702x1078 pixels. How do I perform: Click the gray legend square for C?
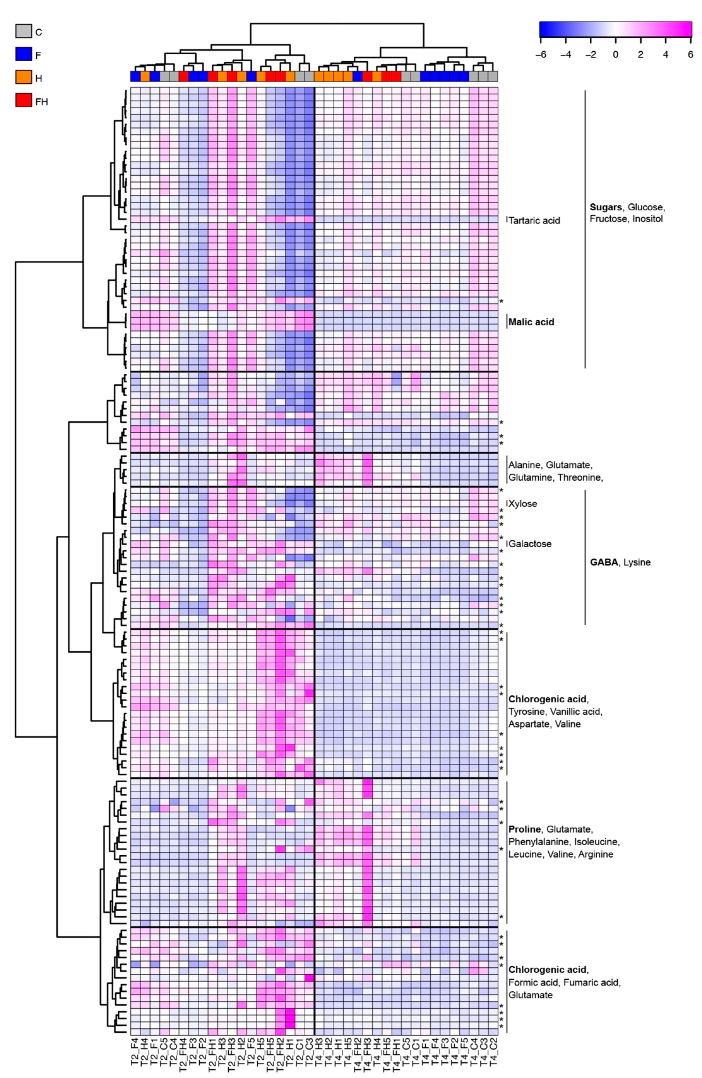(x=24, y=31)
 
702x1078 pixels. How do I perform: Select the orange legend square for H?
(x=24, y=77)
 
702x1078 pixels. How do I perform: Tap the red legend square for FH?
(x=24, y=101)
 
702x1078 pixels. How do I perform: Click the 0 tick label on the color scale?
(x=615, y=54)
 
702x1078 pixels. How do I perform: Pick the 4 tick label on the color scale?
(x=665, y=54)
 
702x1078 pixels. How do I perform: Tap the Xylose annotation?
(x=523, y=504)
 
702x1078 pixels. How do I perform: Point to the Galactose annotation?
(x=530, y=544)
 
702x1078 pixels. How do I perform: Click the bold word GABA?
(x=604, y=562)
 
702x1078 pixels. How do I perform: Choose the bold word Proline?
(x=524, y=829)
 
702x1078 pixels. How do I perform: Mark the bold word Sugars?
(x=605, y=207)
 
